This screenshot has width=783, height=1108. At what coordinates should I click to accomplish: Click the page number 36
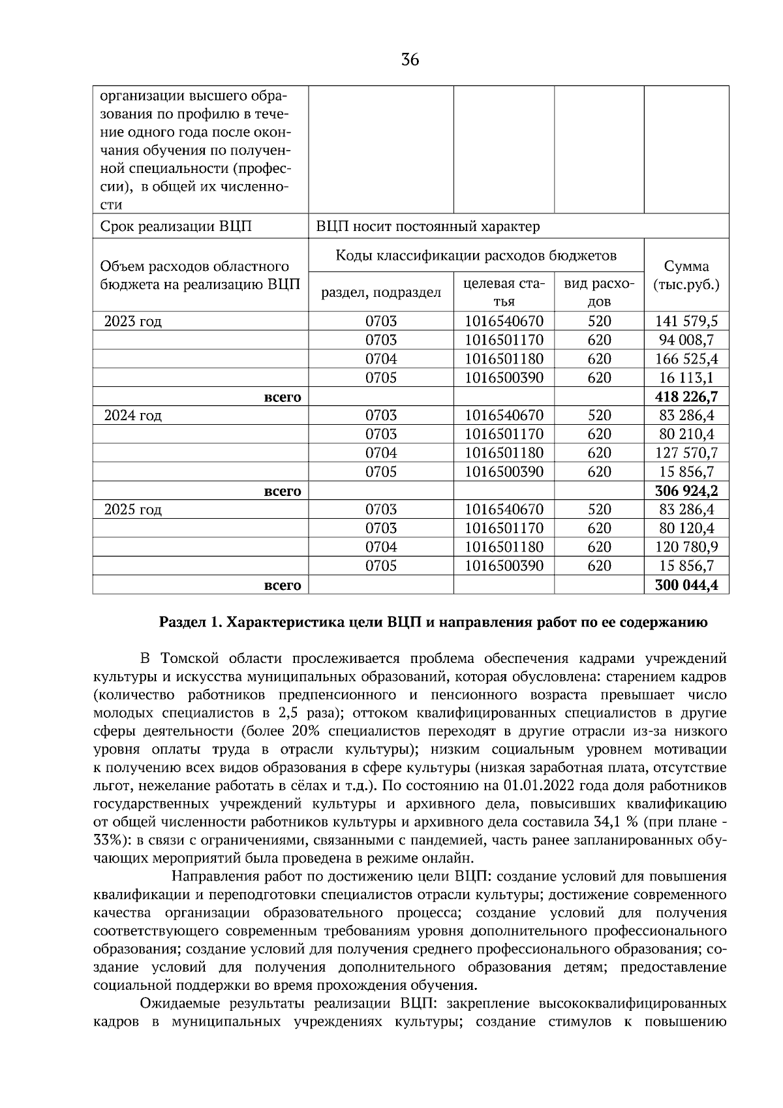tap(410, 61)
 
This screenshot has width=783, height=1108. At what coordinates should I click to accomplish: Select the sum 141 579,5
tap(686, 321)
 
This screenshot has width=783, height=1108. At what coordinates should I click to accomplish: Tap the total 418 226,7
tap(686, 397)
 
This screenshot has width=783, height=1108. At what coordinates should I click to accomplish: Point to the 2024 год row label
tap(133, 416)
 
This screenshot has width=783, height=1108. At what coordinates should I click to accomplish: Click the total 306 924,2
tap(686, 491)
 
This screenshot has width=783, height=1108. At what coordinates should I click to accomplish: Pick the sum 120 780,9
tap(686, 547)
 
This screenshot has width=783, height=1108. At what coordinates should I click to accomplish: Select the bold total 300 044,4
tap(686, 585)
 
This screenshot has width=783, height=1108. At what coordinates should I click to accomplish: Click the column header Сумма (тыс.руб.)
tap(686, 275)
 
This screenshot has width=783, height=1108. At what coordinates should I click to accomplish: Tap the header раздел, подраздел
tap(381, 293)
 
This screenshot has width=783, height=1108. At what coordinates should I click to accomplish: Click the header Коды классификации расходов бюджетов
tap(476, 255)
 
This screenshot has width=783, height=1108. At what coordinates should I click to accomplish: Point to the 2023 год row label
tap(133, 322)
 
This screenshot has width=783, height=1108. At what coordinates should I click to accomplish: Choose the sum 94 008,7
tap(686, 340)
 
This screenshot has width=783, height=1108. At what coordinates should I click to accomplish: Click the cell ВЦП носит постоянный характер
tap(428, 227)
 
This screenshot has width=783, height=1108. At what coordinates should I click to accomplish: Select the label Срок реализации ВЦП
tap(176, 227)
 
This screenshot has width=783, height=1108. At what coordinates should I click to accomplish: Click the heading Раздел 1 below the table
tap(433, 622)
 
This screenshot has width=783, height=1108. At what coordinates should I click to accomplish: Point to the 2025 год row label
tap(133, 510)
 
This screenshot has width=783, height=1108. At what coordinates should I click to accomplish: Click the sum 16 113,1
tap(686, 378)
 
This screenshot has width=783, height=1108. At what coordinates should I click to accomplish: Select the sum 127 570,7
tap(686, 453)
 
